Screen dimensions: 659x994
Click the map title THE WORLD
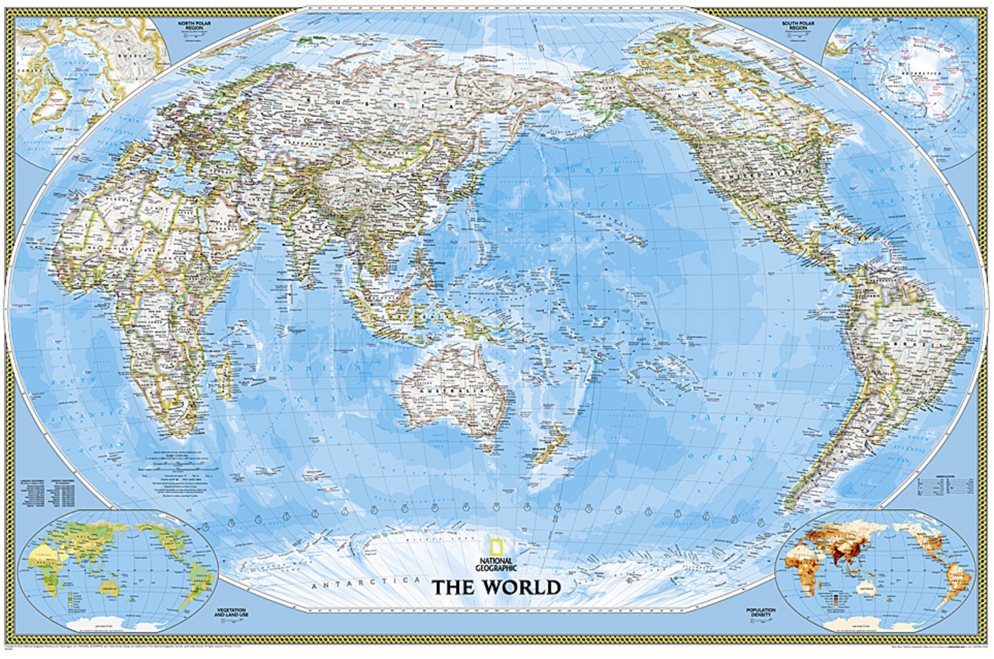point(496,587)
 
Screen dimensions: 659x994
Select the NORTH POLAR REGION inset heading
point(194,25)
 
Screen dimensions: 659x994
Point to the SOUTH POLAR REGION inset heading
point(798,25)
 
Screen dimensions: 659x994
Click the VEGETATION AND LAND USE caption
point(231,612)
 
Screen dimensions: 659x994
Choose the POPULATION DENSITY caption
point(761,612)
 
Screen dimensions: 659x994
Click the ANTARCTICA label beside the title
point(365,583)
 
